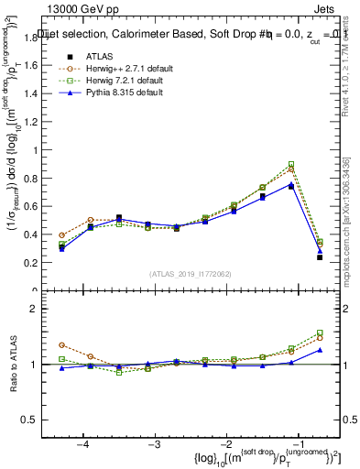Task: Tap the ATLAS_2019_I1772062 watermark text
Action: [190, 274]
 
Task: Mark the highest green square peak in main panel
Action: [291, 164]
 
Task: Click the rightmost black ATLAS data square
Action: [320, 257]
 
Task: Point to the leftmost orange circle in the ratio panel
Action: [61, 344]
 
